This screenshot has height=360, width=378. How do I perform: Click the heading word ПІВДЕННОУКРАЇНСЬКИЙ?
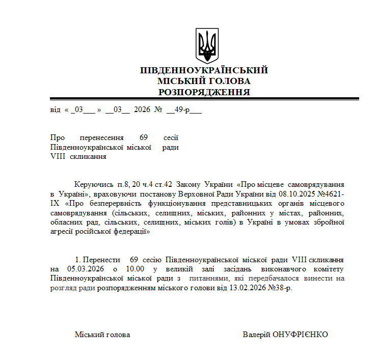[204, 70]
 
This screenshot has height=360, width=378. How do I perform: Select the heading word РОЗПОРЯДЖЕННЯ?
[204, 92]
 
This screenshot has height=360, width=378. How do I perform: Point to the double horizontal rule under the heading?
[204, 99]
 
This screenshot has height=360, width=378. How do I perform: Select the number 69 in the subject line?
[143, 137]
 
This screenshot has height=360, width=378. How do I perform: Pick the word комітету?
[328, 269]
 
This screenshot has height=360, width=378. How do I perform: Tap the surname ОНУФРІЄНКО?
[301, 335]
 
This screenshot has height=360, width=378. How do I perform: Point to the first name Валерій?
[256, 335]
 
